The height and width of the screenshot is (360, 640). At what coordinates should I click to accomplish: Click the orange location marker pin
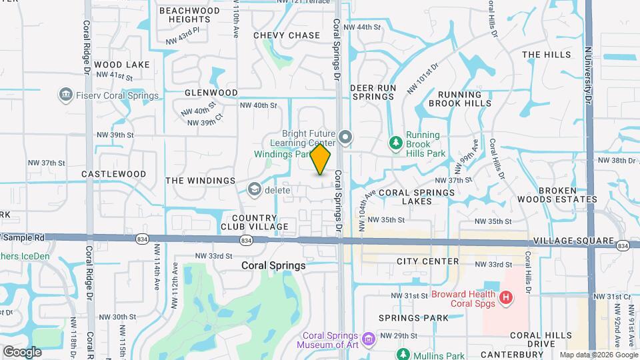tap(321, 159)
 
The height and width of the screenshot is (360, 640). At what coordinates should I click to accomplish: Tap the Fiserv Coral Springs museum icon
tap(66, 95)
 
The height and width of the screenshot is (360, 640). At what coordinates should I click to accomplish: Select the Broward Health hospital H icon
tap(506, 295)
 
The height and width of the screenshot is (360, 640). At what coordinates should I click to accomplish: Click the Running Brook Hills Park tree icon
tap(395, 142)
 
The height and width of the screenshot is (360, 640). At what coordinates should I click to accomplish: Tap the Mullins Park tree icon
tap(403, 353)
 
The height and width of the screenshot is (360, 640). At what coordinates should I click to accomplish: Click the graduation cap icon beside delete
tap(253, 190)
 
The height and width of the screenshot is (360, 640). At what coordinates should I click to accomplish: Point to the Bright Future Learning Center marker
tap(345, 138)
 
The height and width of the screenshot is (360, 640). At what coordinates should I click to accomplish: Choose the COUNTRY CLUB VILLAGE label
tap(255, 223)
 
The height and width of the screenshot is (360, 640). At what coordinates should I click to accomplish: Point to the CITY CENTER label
tap(427, 261)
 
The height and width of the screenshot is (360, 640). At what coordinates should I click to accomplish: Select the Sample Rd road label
tap(25, 237)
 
